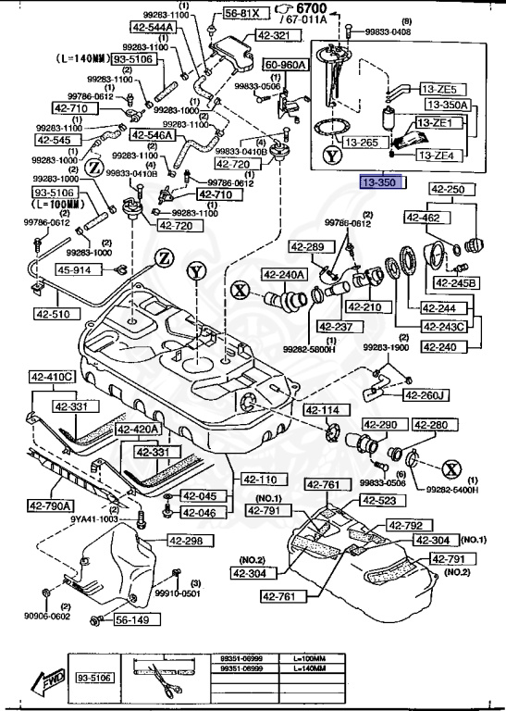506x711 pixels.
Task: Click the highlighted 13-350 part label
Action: click(x=381, y=183)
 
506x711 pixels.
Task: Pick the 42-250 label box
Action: click(x=449, y=190)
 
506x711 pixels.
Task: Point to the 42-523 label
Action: click(x=379, y=501)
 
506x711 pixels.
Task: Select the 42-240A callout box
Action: click(x=283, y=274)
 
